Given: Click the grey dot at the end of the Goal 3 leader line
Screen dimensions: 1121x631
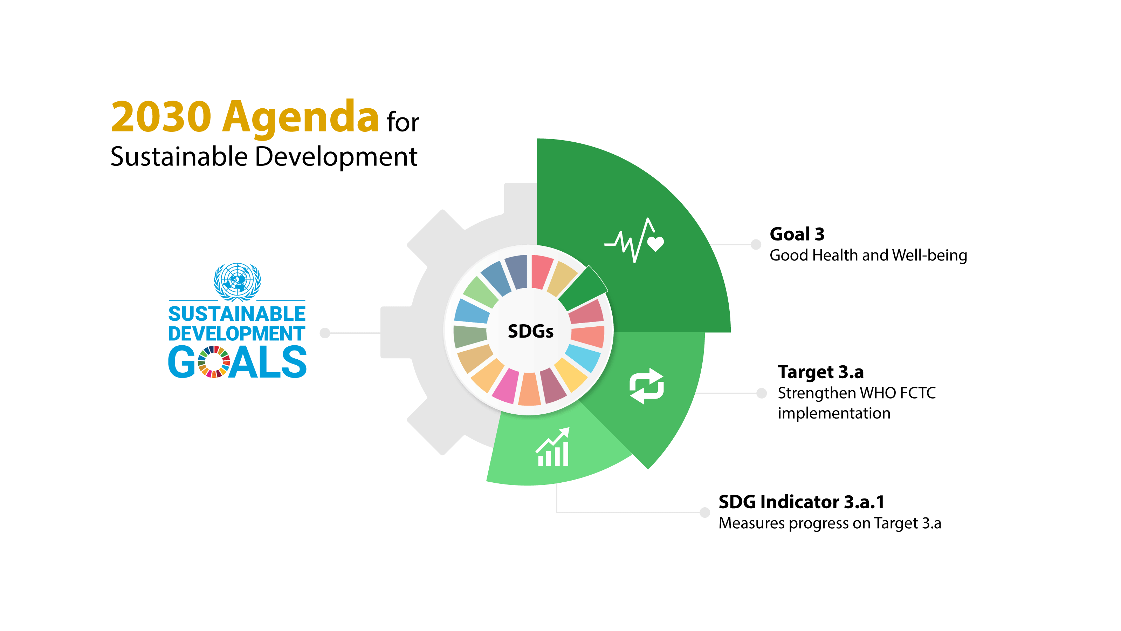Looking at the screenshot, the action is (756, 244).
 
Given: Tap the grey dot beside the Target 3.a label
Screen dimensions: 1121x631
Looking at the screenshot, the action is (762, 393).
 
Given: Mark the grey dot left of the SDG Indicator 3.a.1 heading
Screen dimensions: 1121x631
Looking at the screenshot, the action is (705, 512).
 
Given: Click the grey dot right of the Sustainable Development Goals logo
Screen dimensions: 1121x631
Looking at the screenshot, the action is (325, 333).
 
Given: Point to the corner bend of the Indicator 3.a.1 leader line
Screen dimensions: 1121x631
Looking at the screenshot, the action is (557, 512).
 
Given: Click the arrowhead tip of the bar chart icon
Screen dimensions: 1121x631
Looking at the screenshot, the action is (569, 428).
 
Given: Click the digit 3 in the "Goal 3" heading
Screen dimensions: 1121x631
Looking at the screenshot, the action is (820, 234).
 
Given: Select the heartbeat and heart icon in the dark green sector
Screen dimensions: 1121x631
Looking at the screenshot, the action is (634, 240).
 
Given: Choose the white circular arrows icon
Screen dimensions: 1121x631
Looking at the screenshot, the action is (647, 386).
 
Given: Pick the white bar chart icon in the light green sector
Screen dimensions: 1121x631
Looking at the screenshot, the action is (553, 447).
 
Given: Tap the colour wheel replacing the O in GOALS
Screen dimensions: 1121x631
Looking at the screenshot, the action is (214, 362).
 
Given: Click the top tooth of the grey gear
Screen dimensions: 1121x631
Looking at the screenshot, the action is (521, 198).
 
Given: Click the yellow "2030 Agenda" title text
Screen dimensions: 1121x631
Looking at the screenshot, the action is (245, 116).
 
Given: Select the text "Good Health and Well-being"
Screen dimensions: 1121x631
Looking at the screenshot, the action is (868, 255).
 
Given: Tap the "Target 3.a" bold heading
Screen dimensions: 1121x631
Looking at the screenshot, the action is (821, 372).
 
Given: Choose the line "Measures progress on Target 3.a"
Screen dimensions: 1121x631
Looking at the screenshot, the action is (830, 523).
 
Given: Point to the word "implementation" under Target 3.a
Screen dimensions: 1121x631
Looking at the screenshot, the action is (834, 413).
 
